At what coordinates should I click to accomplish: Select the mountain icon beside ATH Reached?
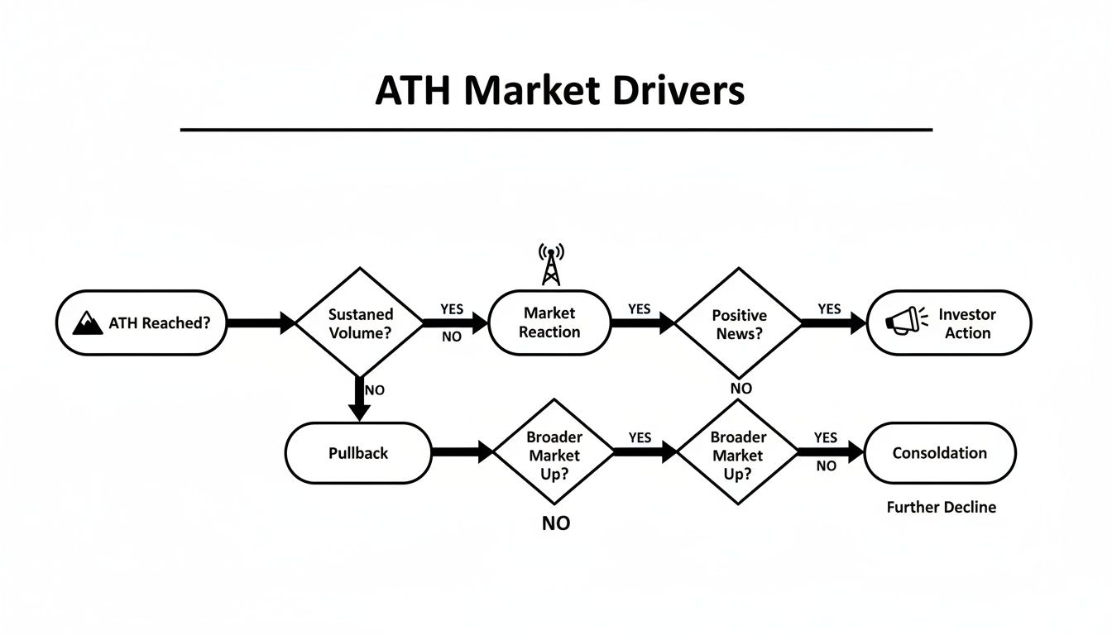pos(88,323)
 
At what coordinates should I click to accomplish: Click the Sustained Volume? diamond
pos(360,323)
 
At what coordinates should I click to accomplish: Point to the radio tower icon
pos(550,264)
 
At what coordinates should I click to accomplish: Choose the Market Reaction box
pos(551,322)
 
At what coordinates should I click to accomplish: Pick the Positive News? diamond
pos(739,323)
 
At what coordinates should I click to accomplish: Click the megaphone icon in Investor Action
pos(902,321)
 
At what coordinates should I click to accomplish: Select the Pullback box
pos(358,453)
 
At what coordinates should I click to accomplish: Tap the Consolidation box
pos(939,453)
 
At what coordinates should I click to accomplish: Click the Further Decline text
pos(941,507)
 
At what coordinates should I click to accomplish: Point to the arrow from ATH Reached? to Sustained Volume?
pos(260,323)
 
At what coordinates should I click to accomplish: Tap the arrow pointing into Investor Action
pos(832,323)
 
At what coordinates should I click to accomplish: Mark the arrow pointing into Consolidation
pos(830,452)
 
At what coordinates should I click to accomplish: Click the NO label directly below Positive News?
pos(741,389)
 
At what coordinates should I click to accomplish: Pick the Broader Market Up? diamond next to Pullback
pos(554,453)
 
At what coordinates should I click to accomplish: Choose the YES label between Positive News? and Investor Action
pos(829,309)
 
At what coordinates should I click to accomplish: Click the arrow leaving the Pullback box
pos(463,452)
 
